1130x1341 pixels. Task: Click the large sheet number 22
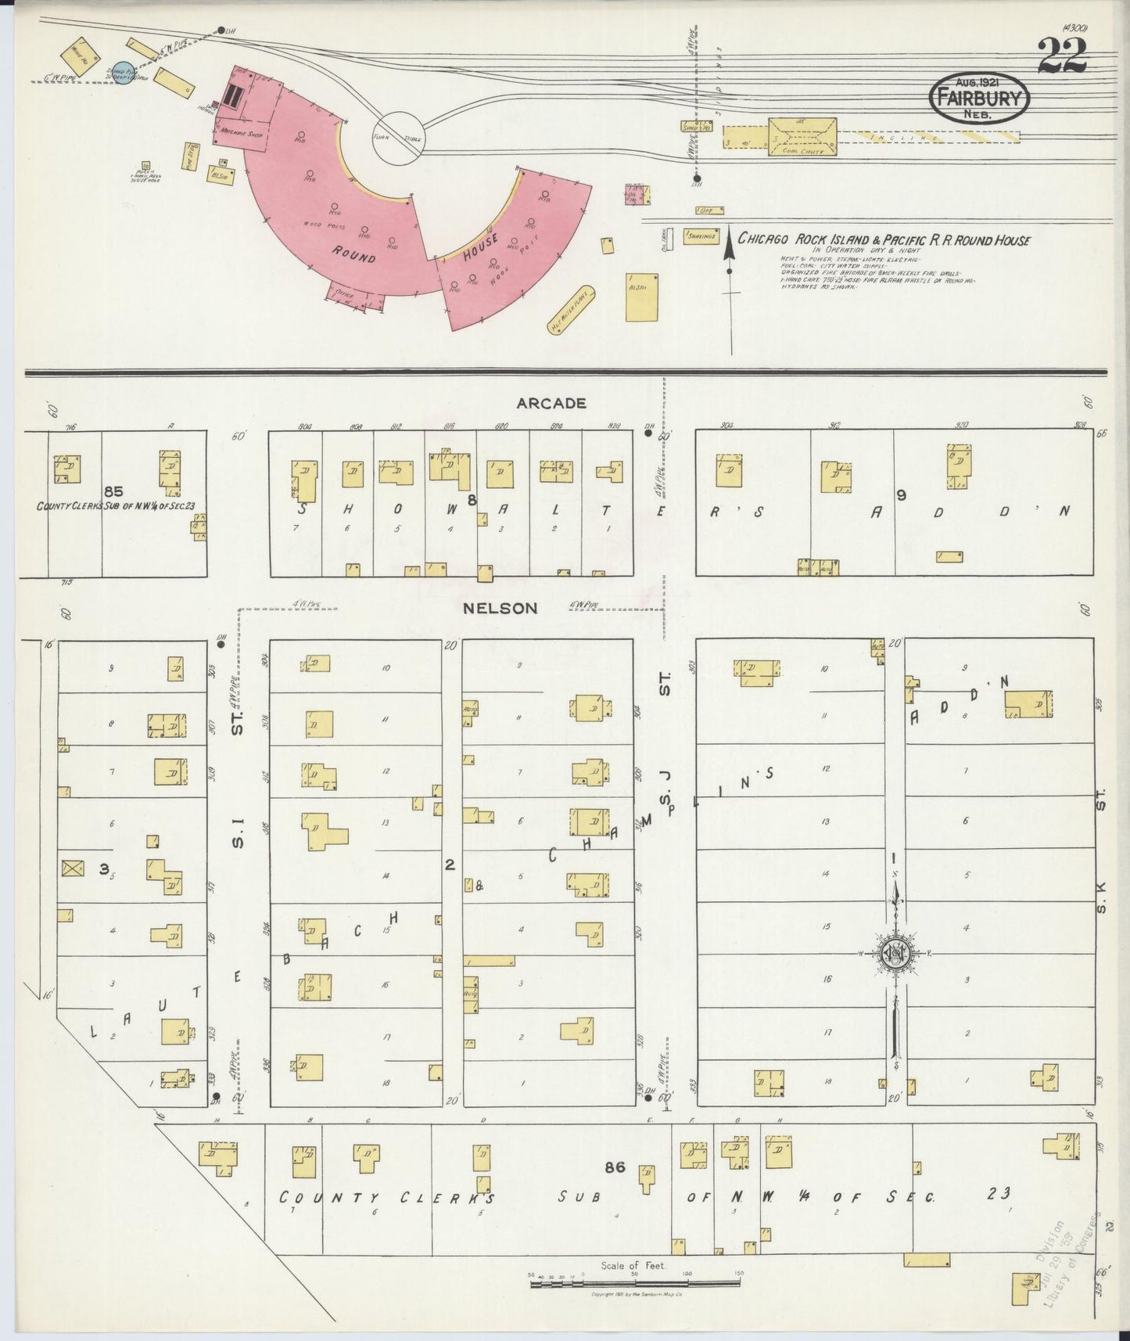coord(1062,56)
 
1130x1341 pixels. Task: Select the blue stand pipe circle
coord(122,72)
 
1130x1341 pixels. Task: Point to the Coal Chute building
coord(802,137)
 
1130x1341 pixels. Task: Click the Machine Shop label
coord(244,134)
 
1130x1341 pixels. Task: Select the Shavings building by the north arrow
coord(701,236)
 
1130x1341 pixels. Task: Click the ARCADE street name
coord(551,404)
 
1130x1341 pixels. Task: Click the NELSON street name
coord(500,608)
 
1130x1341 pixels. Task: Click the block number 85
coord(113,491)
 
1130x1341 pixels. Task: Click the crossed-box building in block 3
coord(73,868)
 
